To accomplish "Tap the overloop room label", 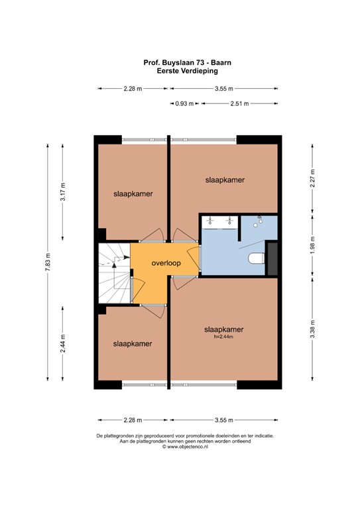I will click(x=166, y=263).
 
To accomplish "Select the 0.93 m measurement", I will click(x=186, y=103).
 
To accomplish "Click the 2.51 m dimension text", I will click(x=240, y=103).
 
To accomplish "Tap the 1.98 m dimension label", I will click(x=312, y=245).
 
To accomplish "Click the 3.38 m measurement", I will click(x=312, y=329).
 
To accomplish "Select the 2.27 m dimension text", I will click(x=312, y=180).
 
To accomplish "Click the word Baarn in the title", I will click(x=210, y=62).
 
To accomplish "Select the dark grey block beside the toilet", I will click(x=272, y=257).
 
